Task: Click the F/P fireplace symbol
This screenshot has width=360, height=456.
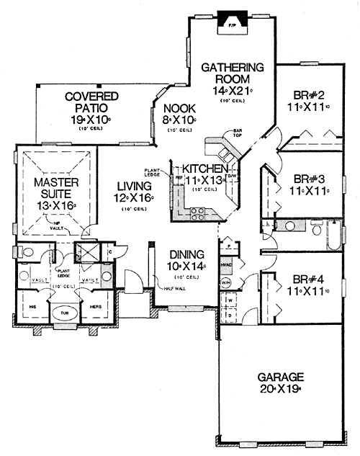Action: [232, 22]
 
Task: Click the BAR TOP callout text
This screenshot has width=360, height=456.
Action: [235, 133]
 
